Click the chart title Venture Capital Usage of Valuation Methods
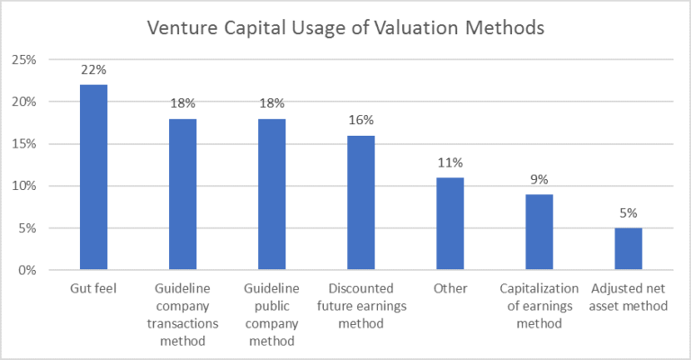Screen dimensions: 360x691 pyautogui.click(x=345, y=27)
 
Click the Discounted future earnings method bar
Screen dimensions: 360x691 pyautogui.click(x=361, y=202)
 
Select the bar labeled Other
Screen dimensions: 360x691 pyautogui.click(x=450, y=223)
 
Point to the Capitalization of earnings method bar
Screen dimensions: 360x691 pyautogui.click(x=539, y=232)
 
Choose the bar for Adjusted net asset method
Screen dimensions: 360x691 pyautogui.click(x=628, y=249)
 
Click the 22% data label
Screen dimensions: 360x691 pyautogui.click(x=94, y=69)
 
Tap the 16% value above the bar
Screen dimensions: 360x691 pyautogui.click(x=361, y=120)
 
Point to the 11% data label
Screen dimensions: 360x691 pyautogui.click(x=450, y=162)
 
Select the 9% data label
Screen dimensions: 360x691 pyautogui.click(x=539, y=179)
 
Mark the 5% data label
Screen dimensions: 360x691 pyautogui.click(x=628, y=212)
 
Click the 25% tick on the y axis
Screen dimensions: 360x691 pyautogui.click(x=23, y=60)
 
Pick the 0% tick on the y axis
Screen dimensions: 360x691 pyautogui.click(x=27, y=270)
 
